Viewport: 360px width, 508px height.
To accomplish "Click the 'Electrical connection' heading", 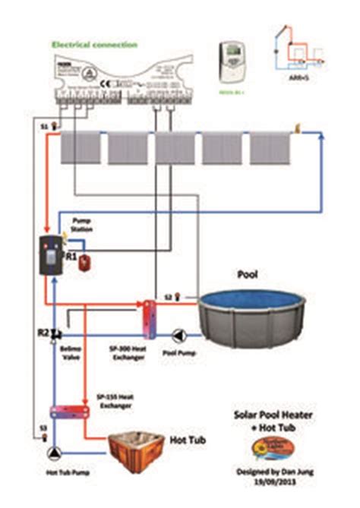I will (93, 45).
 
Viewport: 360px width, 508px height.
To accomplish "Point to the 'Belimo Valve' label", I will (71, 355).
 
